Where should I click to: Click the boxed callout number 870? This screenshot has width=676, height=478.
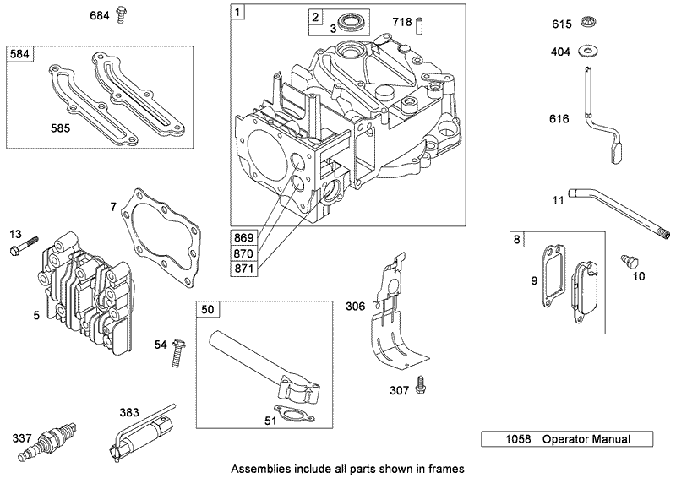click(243, 253)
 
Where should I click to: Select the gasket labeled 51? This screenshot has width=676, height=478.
click(292, 414)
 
